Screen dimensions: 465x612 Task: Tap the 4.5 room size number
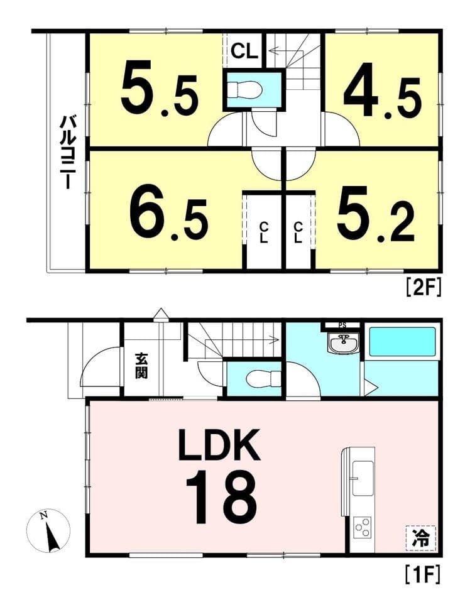(x=382, y=96)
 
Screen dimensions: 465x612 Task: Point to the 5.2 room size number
(x=376, y=214)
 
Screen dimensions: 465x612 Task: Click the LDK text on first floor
(x=219, y=445)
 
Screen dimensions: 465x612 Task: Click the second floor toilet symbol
(x=246, y=89)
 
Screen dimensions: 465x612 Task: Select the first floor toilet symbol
(x=263, y=378)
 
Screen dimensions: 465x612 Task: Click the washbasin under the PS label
(x=343, y=344)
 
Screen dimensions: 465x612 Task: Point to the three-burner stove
(x=363, y=528)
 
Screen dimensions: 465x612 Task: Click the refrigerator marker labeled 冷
(x=421, y=538)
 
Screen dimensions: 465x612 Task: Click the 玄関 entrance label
(x=141, y=366)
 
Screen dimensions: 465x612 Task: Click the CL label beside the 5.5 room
(x=244, y=51)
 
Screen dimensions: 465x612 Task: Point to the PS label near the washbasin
(x=342, y=325)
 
